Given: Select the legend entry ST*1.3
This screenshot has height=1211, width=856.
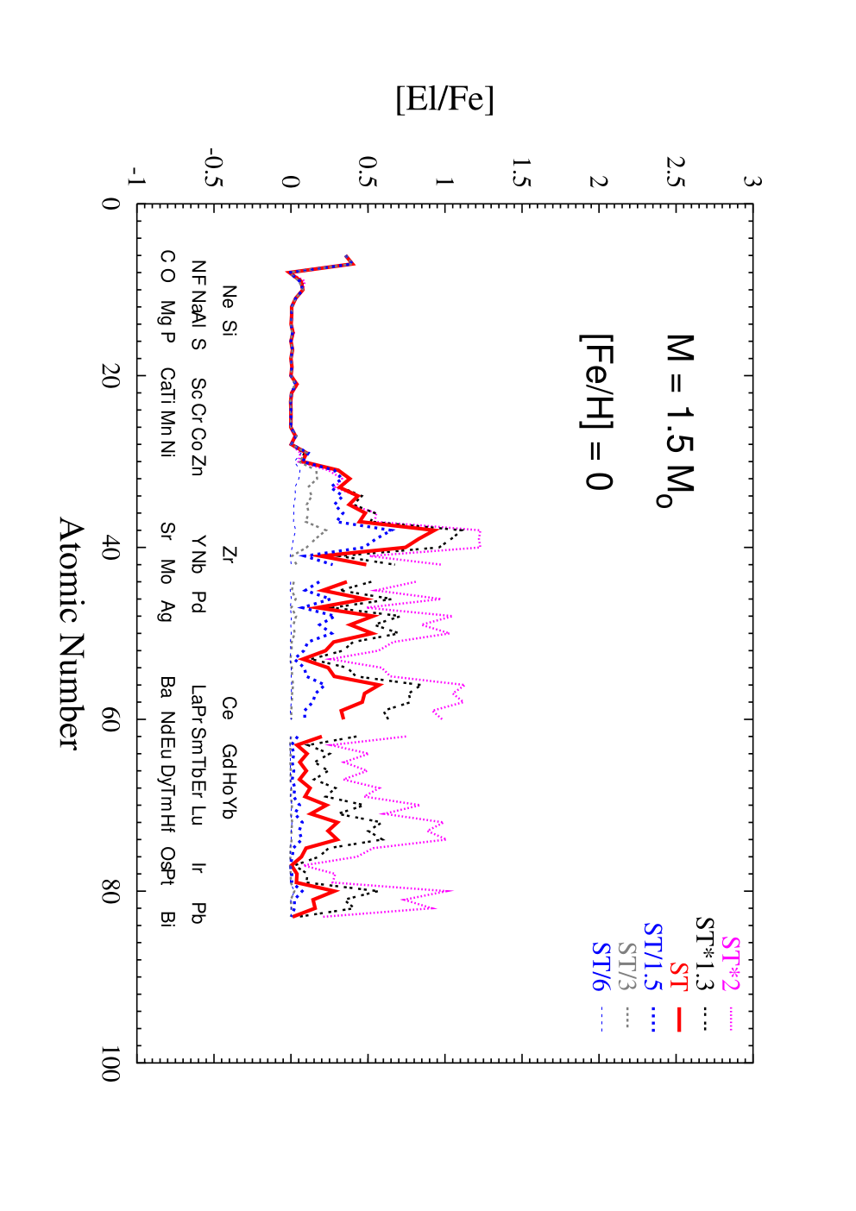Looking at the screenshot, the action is click(x=705, y=953).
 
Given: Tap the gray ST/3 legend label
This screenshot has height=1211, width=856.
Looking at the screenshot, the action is click(x=626, y=965).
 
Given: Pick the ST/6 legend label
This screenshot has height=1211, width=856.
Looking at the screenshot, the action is click(x=601, y=965).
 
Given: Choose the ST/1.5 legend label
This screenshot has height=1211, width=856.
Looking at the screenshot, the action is click(x=652, y=956).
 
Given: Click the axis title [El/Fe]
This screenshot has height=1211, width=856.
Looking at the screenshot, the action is click(x=444, y=98).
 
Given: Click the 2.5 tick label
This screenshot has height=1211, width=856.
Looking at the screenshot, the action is click(x=676, y=172).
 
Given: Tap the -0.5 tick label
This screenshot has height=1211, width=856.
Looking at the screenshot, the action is click(x=215, y=167).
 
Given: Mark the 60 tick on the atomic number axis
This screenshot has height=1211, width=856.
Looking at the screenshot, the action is click(x=110, y=719).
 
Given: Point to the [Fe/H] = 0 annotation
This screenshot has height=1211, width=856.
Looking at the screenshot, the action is click(x=596, y=412).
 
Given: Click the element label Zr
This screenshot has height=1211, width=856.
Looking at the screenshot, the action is click(x=230, y=555).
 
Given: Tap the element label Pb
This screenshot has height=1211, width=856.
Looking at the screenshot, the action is click(x=198, y=913).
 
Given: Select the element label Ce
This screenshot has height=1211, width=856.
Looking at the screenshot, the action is click(x=230, y=708).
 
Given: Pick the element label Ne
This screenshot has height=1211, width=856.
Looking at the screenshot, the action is click(x=230, y=297).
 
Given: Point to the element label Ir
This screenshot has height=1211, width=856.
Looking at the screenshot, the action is click(x=198, y=867).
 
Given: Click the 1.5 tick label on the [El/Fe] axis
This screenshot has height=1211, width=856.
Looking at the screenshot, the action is click(x=520, y=172).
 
